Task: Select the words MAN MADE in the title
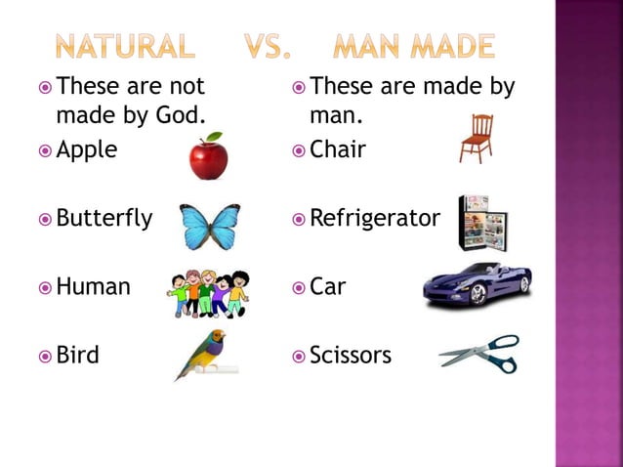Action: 414,45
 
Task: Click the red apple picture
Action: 208,157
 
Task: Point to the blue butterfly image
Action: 210,225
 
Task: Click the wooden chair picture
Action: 477,138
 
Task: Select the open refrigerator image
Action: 482,222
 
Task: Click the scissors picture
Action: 479,355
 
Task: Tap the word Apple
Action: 87,150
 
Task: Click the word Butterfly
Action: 104,219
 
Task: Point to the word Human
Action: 94,287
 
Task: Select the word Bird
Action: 78,355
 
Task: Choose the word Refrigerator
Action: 375,219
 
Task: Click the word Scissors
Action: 351,355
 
